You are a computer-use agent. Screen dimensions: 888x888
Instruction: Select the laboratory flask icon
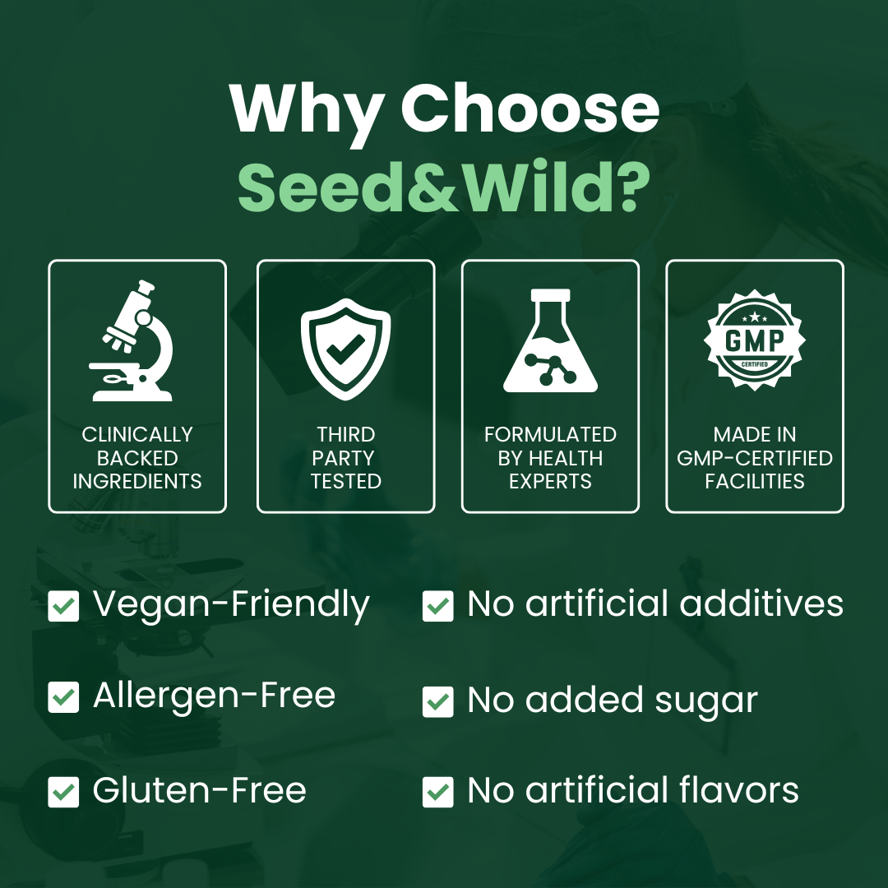[x=550, y=340]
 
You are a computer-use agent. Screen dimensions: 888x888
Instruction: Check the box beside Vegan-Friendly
[x=63, y=607]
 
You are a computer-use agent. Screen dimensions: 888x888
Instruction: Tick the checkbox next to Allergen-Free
[x=63, y=697]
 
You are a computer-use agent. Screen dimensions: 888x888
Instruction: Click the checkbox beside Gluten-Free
[x=63, y=792]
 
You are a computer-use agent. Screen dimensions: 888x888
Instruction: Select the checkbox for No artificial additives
[x=437, y=607]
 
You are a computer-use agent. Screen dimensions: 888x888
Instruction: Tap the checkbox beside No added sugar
[x=437, y=701]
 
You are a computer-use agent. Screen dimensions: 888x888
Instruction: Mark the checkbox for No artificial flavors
[x=437, y=792]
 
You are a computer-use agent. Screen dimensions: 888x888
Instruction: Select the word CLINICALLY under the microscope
[x=137, y=434]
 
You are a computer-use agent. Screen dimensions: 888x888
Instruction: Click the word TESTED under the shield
[x=345, y=482]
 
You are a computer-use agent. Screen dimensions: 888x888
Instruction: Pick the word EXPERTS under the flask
[x=550, y=482]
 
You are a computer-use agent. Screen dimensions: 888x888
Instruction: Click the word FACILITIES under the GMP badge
[x=755, y=482]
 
